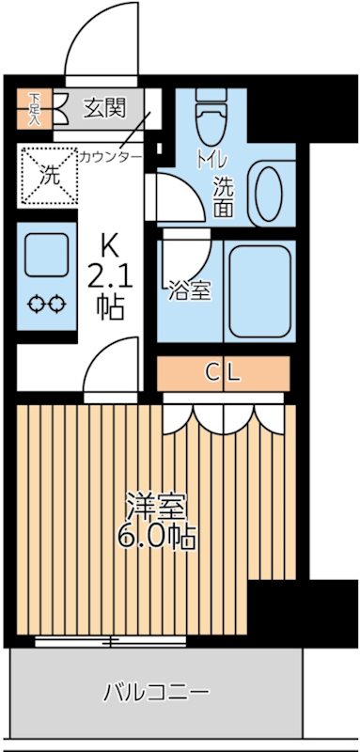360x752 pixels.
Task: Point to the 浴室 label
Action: click(x=190, y=290)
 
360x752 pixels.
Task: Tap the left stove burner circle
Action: click(x=37, y=304)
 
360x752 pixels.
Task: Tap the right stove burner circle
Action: click(x=57, y=304)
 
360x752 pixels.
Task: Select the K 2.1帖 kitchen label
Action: click(x=110, y=277)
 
